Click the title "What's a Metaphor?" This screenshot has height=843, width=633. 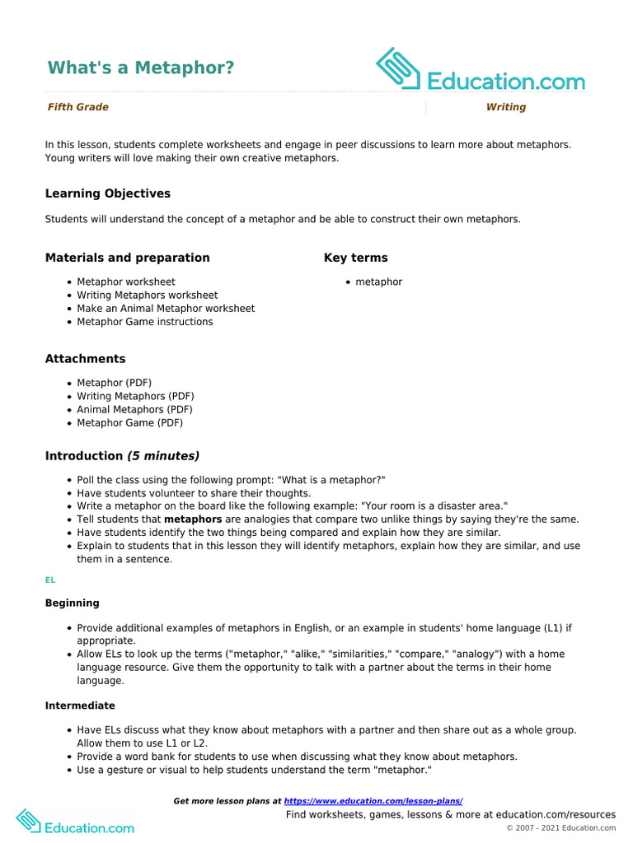click(x=141, y=68)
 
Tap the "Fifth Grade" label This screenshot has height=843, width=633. click(x=78, y=107)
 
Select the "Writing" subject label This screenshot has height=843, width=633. click(x=505, y=107)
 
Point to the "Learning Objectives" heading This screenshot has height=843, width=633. click(x=108, y=193)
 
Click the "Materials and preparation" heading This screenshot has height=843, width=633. click(x=128, y=258)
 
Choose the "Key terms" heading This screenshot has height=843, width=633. click(x=356, y=258)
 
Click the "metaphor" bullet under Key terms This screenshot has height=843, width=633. click(x=379, y=282)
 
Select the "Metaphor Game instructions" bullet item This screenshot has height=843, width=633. click(x=145, y=322)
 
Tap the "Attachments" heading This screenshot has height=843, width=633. click(x=86, y=359)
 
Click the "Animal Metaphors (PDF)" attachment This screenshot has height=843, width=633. click(x=135, y=409)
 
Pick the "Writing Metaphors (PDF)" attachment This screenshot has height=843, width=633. click(x=135, y=396)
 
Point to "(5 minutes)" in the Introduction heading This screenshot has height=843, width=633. click(x=163, y=456)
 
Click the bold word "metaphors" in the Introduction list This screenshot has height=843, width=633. click(x=193, y=519)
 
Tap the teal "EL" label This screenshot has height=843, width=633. click(x=50, y=580)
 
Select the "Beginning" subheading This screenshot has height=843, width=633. click(x=73, y=603)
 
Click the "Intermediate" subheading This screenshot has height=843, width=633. click(x=80, y=706)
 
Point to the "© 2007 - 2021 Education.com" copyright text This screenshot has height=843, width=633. click(x=560, y=828)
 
